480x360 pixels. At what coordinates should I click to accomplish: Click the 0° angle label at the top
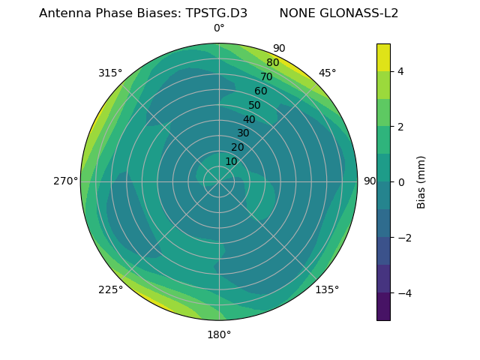pos(219,28)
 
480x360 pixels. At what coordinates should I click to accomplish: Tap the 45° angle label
pos(328,73)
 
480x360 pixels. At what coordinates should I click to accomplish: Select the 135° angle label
pos(327,289)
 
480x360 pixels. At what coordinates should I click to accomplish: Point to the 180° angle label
pos(219,334)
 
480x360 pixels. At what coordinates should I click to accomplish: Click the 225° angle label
pos(110,290)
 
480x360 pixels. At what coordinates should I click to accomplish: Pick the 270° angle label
pos(65,181)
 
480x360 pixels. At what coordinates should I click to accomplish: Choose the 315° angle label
pos(110,73)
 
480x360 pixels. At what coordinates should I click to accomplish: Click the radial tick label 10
pos(231,161)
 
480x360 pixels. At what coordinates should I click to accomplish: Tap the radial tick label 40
pos(249,119)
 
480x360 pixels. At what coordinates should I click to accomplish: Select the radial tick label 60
pos(261,91)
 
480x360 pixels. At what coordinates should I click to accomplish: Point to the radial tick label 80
pos(272,63)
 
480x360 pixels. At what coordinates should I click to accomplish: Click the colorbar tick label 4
pos(401,71)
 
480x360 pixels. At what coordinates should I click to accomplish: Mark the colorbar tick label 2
pos(401,127)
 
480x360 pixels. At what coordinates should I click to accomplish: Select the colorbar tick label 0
pos(401,182)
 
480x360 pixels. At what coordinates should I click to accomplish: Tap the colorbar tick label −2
pos(404,238)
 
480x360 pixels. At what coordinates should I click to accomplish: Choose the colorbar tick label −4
pos(404,293)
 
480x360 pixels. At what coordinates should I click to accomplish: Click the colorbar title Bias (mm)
pos(421,182)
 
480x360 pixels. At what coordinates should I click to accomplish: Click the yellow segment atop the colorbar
pos(383,58)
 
